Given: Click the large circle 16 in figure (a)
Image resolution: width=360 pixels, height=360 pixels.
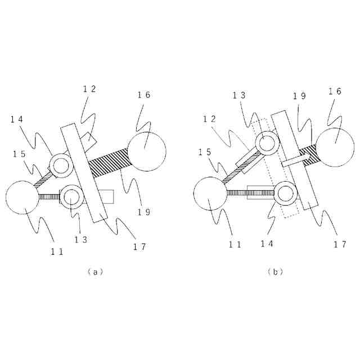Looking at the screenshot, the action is pos(147,150).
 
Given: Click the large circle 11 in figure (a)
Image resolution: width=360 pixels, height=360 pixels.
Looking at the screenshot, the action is pos(23,198).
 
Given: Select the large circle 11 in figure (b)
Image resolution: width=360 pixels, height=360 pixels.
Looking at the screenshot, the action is pos(210,194).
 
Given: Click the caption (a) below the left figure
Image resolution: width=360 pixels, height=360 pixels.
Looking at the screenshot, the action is pos(96,272).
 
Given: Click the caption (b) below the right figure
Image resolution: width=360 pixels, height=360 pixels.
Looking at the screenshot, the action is pos(276,272).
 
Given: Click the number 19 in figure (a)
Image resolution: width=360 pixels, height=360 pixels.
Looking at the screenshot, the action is pos(144,211).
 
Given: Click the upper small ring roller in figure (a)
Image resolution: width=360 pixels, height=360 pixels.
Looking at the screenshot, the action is pos(60,165).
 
